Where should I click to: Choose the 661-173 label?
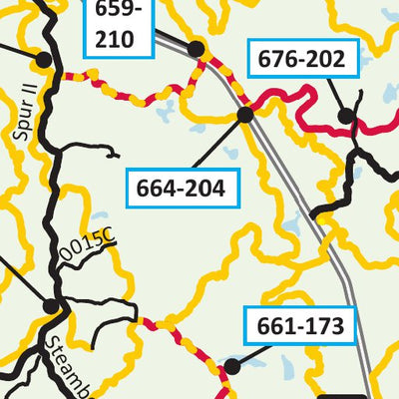pyautogui.click(x=299, y=324)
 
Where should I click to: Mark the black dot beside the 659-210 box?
pyautogui.click(x=196, y=49)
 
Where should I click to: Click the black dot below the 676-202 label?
pyautogui.click(x=345, y=117)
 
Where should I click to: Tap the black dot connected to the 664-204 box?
pyautogui.click(x=244, y=115)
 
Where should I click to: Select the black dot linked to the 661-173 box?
pyautogui.click(x=231, y=366)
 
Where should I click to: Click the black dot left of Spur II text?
pyautogui.click(x=43, y=60)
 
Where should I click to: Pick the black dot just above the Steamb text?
pyautogui.click(x=51, y=305)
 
